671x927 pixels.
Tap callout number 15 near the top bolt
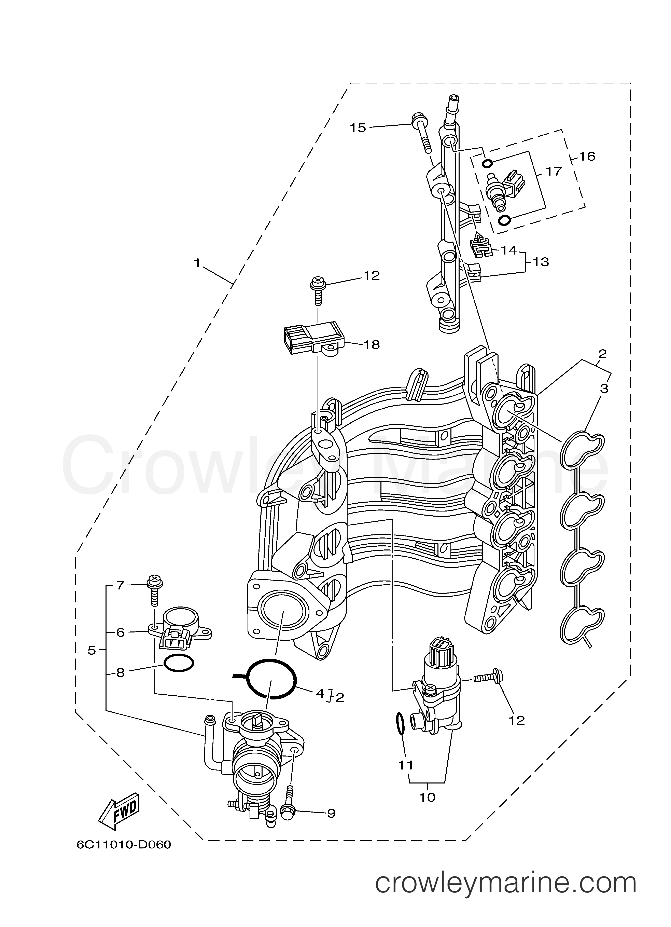(358, 128)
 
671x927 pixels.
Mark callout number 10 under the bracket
(428, 798)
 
